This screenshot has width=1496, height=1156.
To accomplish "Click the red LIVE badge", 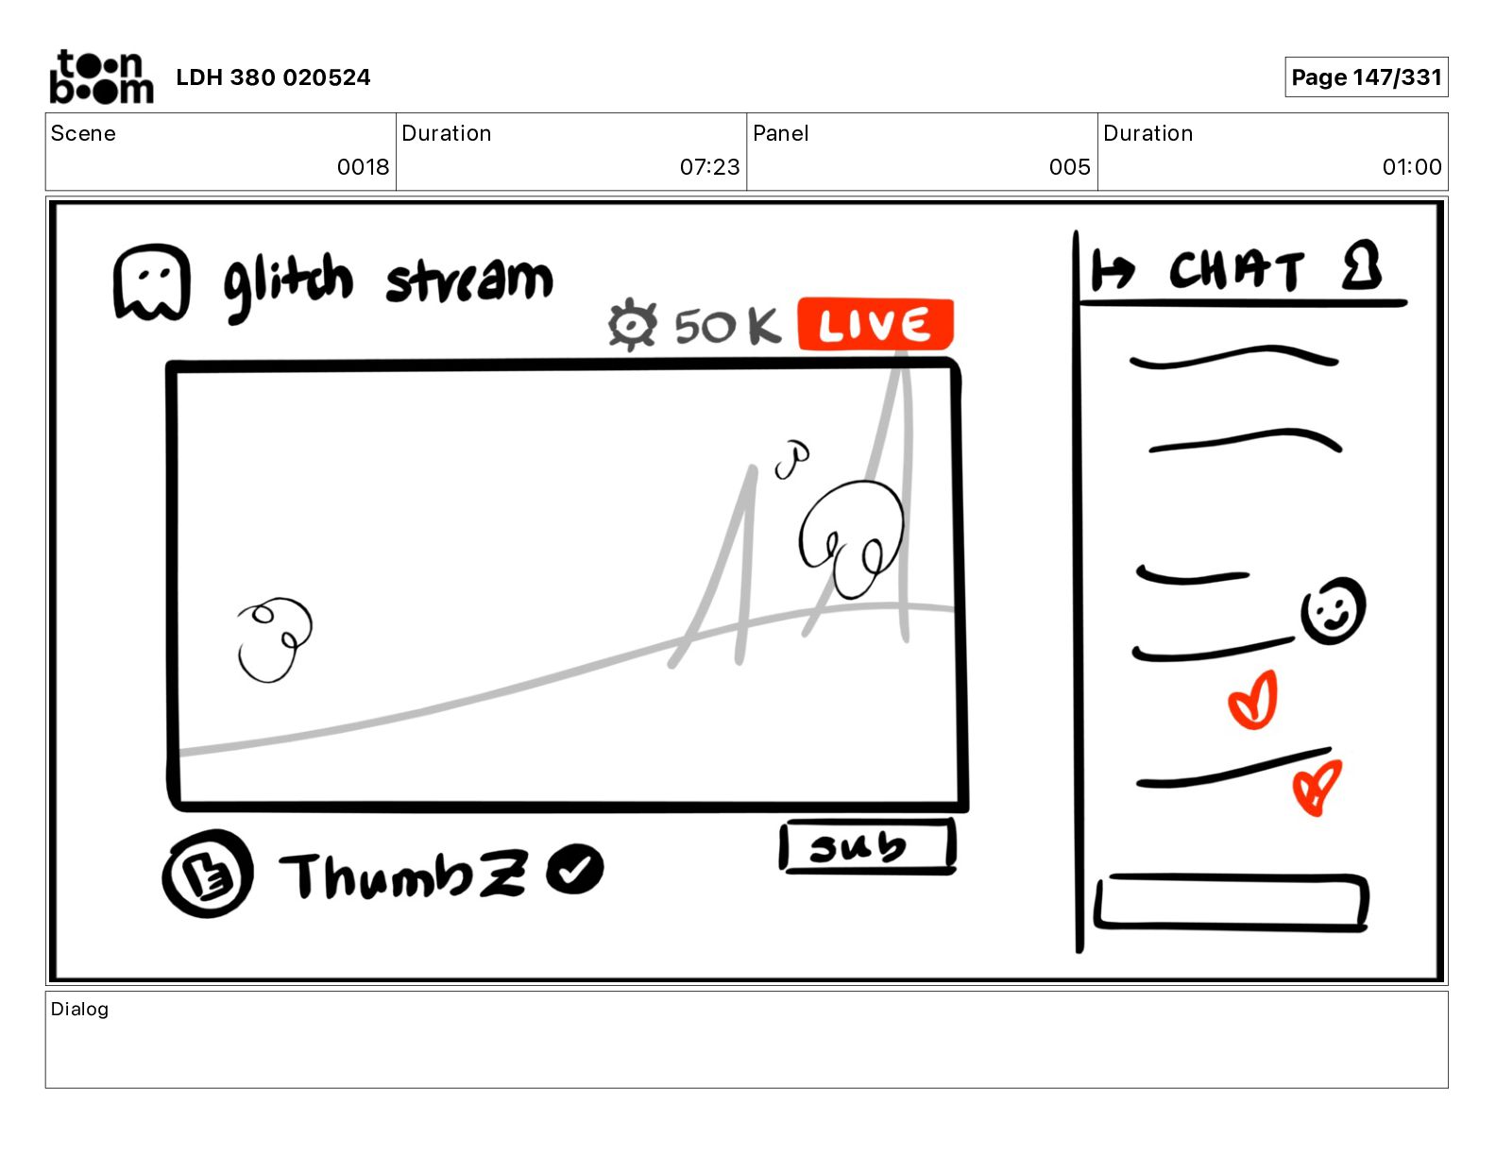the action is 875,325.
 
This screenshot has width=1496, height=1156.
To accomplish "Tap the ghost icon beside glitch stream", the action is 151,283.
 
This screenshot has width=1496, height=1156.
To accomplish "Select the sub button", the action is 867,846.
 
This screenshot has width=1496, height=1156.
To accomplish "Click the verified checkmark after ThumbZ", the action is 575,868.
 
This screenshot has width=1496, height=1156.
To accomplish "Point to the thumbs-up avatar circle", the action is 208,874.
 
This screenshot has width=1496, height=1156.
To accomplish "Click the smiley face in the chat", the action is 1333,611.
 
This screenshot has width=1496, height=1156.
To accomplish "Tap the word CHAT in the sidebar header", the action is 1236,271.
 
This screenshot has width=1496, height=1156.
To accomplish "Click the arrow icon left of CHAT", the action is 1111,272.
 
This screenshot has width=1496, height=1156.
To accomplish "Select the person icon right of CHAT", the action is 1361,266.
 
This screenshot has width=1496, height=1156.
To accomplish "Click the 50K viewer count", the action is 726,327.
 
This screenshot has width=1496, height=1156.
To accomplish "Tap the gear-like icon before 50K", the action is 631,325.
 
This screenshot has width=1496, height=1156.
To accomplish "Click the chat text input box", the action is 1232,903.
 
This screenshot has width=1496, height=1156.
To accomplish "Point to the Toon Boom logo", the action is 101,76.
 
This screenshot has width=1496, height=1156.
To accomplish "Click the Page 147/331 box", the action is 1366,77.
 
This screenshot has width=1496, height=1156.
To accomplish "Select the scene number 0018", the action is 363,167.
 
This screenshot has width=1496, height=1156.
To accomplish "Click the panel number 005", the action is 1069,167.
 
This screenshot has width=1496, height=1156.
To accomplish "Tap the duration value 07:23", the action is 709,167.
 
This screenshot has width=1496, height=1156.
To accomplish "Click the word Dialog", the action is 79,1009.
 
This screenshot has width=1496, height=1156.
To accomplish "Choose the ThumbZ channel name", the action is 401,875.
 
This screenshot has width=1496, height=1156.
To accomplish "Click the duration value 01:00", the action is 1411,167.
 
